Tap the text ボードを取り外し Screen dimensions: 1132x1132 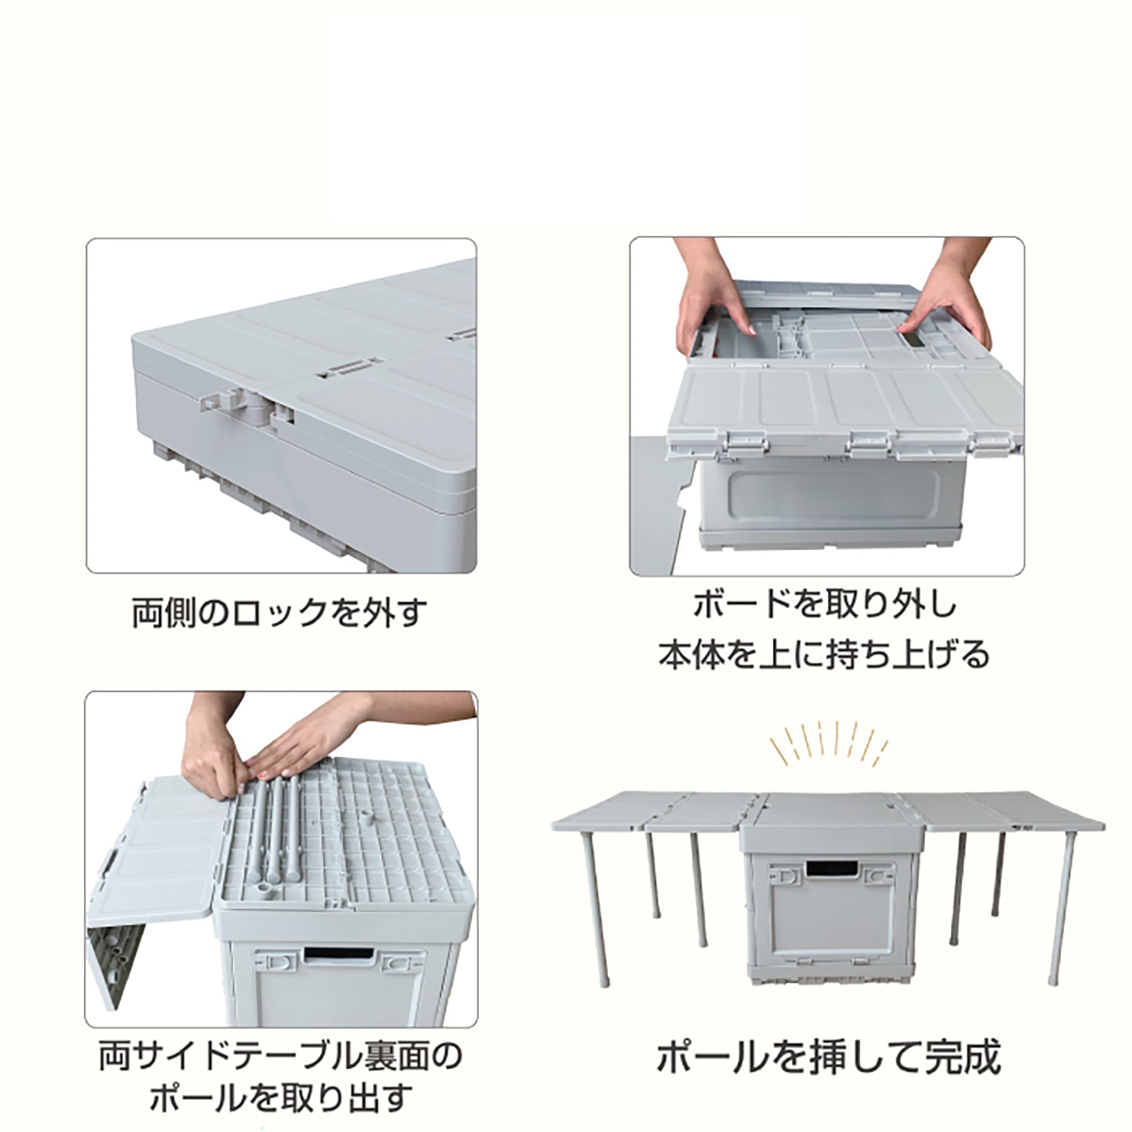pos(824,605)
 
